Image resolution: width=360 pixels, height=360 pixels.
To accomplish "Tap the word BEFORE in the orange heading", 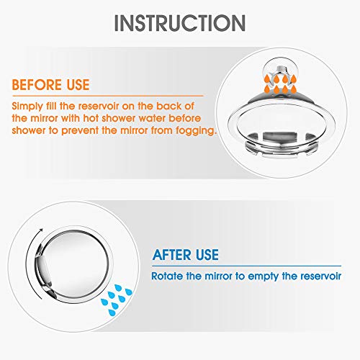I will coord(35,86).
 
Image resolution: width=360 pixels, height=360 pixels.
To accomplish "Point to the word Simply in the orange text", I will coord(26,105).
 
